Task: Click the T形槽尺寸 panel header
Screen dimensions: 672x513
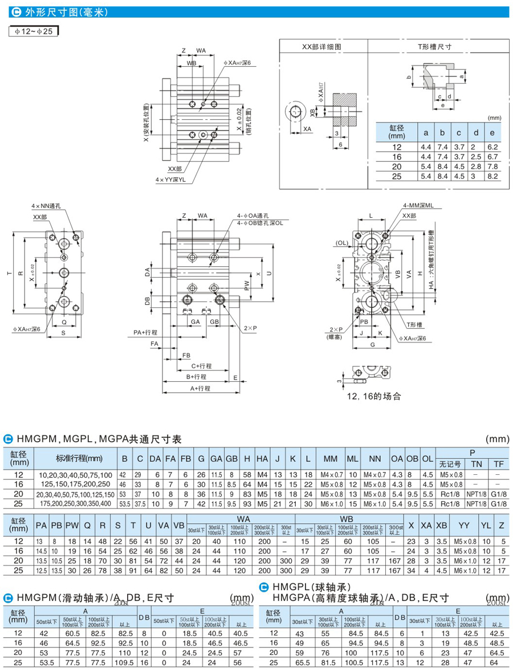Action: point(434,47)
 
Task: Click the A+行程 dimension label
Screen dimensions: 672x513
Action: point(200,388)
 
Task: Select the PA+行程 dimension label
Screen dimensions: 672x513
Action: point(145,332)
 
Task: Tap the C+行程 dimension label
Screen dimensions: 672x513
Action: point(201,366)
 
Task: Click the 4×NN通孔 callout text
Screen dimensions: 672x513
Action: point(47,206)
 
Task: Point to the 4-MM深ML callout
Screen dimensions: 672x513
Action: point(418,205)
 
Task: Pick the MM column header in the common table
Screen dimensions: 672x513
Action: point(330,459)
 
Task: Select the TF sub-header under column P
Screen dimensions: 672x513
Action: point(498,464)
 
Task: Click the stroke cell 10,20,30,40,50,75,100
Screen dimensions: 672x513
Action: point(76,475)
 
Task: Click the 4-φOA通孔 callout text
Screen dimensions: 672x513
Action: point(255,216)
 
